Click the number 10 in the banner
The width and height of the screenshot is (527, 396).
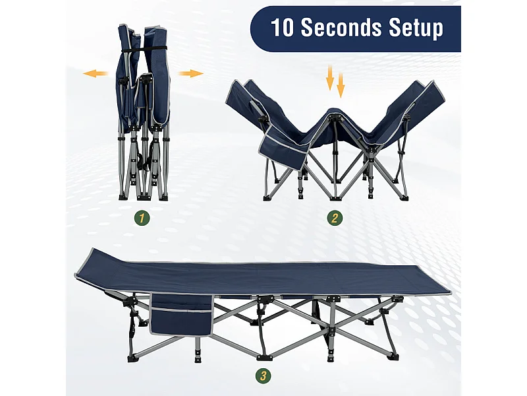click(284, 28)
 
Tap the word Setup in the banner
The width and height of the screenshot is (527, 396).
click(416, 28)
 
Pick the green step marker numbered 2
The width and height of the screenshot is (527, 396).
click(335, 217)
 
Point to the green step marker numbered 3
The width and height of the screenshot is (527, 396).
click(263, 376)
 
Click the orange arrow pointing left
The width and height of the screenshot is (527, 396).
click(96, 73)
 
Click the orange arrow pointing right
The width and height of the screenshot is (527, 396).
click(191, 73)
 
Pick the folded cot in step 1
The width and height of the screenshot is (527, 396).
click(144, 112)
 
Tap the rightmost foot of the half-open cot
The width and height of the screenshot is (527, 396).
click(404, 195)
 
